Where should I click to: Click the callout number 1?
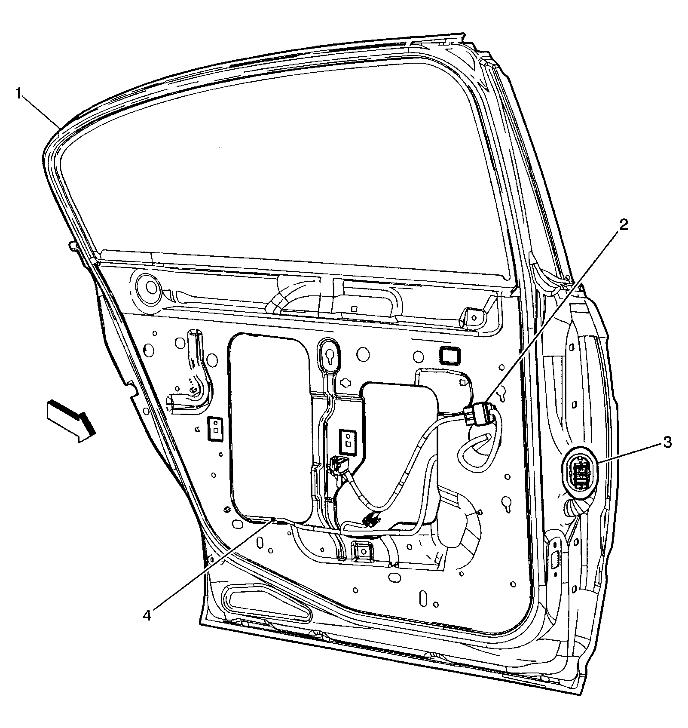tap(19, 93)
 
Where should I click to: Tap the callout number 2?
tap(624, 224)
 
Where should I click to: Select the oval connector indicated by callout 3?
tap(580, 475)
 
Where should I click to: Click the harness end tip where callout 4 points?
tap(274, 521)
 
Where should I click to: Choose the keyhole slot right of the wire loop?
tap(507, 504)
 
